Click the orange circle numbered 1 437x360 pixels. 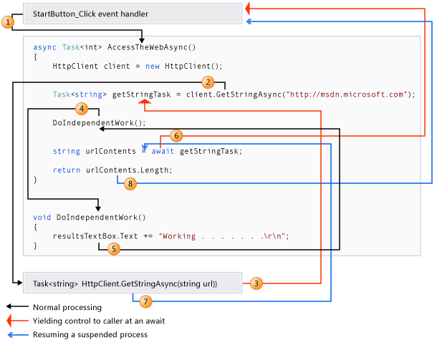coord(8,22)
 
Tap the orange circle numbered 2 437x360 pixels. coord(208,82)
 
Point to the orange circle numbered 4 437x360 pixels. coord(82,109)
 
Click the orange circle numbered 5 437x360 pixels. coord(113,249)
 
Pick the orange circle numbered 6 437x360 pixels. coord(177,135)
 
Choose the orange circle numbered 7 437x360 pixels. coord(145,301)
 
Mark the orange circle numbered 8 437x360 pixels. coord(130,184)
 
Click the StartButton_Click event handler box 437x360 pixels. coord(133,14)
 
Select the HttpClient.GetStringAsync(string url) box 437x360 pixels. coord(133,283)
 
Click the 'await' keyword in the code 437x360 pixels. coord(163,151)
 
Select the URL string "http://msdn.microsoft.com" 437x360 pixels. coord(348,94)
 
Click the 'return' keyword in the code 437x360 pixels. coord(67,170)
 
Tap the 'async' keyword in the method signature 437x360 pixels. coord(44,47)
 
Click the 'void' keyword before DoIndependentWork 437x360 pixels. coord(42,217)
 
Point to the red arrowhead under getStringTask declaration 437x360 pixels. coord(145,103)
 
